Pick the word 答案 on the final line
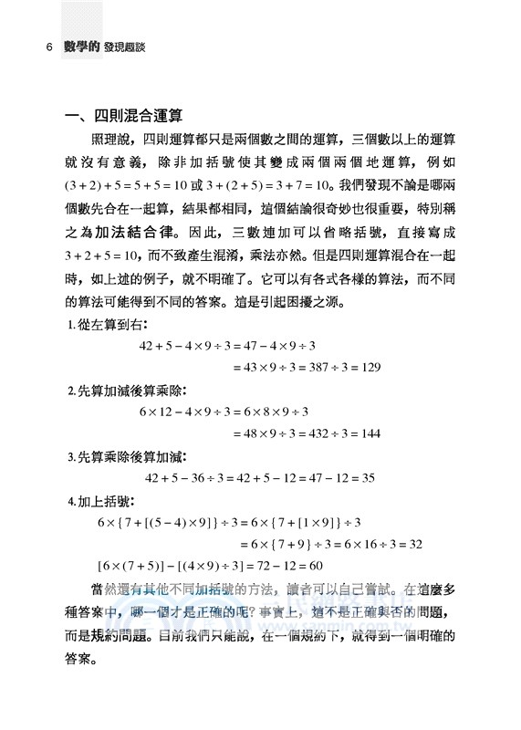click(81, 654)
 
